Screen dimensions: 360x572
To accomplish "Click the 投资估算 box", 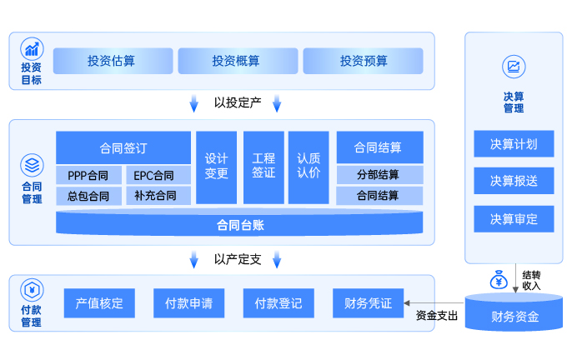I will (x=113, y=61).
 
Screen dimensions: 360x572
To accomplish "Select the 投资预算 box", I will (x=363, y=61).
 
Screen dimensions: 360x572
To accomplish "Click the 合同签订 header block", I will (x=123, y=147).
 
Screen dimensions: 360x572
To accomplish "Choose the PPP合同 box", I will (x=88, y=175).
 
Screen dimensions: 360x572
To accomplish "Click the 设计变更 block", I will (x=217, y=166).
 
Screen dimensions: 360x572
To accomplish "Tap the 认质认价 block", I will (x=309, y=166).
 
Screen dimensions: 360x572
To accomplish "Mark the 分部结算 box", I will (x=379, y=175).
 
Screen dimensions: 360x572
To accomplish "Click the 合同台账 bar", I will (x=239, y=224).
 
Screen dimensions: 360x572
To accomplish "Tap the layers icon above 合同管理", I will (x=32, y=163).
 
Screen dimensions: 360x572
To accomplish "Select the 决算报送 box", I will (x=514, y=181).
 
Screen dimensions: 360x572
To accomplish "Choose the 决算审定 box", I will (x=514, y=219).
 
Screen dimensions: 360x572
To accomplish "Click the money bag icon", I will (x=499, y=278).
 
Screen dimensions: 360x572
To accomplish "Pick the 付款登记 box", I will (x=278, y=303).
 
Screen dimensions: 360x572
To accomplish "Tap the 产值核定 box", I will (x=99, y=303).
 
